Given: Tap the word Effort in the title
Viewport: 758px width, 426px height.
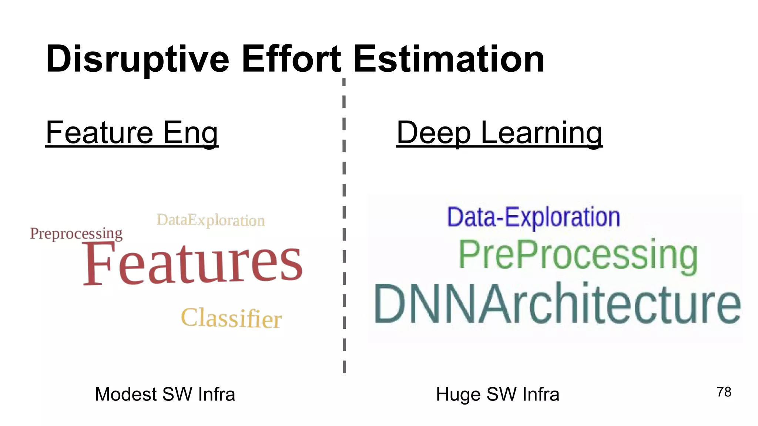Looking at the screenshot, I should (291, 59).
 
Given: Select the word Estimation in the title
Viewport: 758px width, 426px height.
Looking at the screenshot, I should (449, 59).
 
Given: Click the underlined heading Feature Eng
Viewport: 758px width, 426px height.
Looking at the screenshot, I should (132, 133).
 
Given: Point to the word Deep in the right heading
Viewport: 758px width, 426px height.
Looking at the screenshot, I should (434, 133).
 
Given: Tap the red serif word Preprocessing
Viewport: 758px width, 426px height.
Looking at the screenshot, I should (76, 234).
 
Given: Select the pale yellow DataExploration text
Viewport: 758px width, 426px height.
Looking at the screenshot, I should (211, 220).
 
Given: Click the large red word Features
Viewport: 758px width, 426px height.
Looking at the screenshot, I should (192, 263).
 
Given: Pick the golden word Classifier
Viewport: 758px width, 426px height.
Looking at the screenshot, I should (231, 318).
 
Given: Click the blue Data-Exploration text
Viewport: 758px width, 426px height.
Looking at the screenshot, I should (533, 217).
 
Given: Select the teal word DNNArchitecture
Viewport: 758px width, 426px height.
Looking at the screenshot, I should (557, 304).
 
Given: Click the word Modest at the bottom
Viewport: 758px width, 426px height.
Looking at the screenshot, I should (126, 394).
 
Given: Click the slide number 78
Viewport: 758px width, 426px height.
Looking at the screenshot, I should (724, 392).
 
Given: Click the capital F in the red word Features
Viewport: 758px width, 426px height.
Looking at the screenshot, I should (97, 263).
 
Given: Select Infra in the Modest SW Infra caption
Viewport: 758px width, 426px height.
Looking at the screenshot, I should (217, 394).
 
